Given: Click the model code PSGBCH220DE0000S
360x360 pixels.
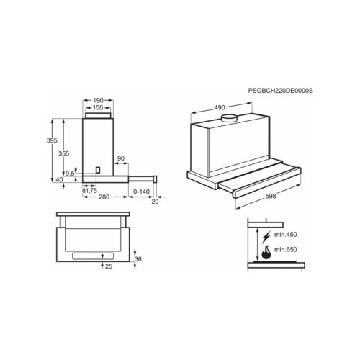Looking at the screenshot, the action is tap(281, 91).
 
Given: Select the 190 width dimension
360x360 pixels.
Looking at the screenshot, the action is tap(98, 100).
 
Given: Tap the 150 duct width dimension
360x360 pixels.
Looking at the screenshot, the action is tap(98, 108).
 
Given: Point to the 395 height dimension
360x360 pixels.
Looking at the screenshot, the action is tap(52, 140).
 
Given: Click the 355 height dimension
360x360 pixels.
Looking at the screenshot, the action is tap(64, 153).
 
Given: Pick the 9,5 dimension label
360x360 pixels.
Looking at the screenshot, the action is tap(70, 174).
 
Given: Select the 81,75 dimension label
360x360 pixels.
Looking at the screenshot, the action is tap(89, 191).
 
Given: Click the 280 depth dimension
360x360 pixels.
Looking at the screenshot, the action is tap(104, 197).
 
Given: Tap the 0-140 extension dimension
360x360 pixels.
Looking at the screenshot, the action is tap(141, 192).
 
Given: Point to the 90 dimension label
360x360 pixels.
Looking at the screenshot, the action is tap(121, 158).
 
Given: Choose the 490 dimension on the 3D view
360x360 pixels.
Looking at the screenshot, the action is tap(220, 108).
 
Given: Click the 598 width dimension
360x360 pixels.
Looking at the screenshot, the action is tap(271, 196).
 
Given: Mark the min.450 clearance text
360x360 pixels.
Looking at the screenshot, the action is tap(286, 235).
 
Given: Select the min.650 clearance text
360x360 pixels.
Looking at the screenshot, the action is tap(286, 250).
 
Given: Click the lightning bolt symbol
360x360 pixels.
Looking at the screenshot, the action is tap(266, 236).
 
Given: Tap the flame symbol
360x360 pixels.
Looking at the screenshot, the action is tap(266, 252).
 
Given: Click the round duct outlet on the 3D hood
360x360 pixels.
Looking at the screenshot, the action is tap(229, 118).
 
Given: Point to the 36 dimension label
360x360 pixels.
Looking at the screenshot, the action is tap(138, 259).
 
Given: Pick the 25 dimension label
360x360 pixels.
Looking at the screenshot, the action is tap(109, 266).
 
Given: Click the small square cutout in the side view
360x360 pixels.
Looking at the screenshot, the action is tap(98, 170).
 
